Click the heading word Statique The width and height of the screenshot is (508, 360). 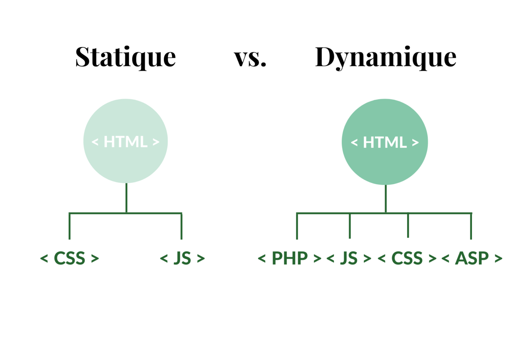125,57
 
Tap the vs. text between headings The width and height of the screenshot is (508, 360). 250,58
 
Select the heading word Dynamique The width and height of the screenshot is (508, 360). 385,58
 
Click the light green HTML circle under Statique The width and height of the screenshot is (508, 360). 125,141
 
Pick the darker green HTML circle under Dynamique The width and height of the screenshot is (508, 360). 385,142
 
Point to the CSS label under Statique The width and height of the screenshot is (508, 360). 69,258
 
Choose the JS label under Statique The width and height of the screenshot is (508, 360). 182,258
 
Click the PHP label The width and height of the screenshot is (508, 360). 289,258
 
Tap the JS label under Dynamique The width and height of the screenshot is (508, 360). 348,258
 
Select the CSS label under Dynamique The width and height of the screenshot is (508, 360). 407,258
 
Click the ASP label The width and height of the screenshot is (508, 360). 472,258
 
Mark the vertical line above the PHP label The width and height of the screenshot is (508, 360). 297,226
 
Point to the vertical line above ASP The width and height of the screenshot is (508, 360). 471,226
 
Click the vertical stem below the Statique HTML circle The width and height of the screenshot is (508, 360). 126,198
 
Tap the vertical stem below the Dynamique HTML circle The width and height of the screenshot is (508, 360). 386,198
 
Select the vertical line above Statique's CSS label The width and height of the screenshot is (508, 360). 69,226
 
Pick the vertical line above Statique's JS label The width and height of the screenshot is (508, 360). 182,226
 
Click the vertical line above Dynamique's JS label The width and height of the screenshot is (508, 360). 350,226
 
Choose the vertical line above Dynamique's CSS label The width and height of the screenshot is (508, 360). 408,225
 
